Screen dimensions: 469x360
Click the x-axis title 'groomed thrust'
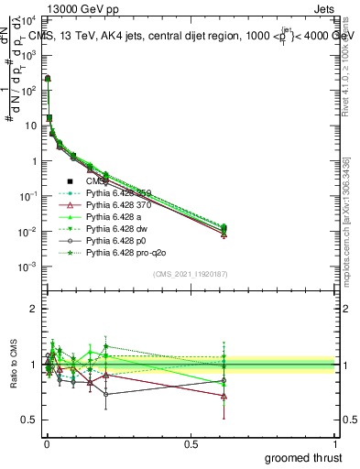(303, 457)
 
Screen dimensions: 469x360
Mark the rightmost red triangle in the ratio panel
(224, 396)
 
